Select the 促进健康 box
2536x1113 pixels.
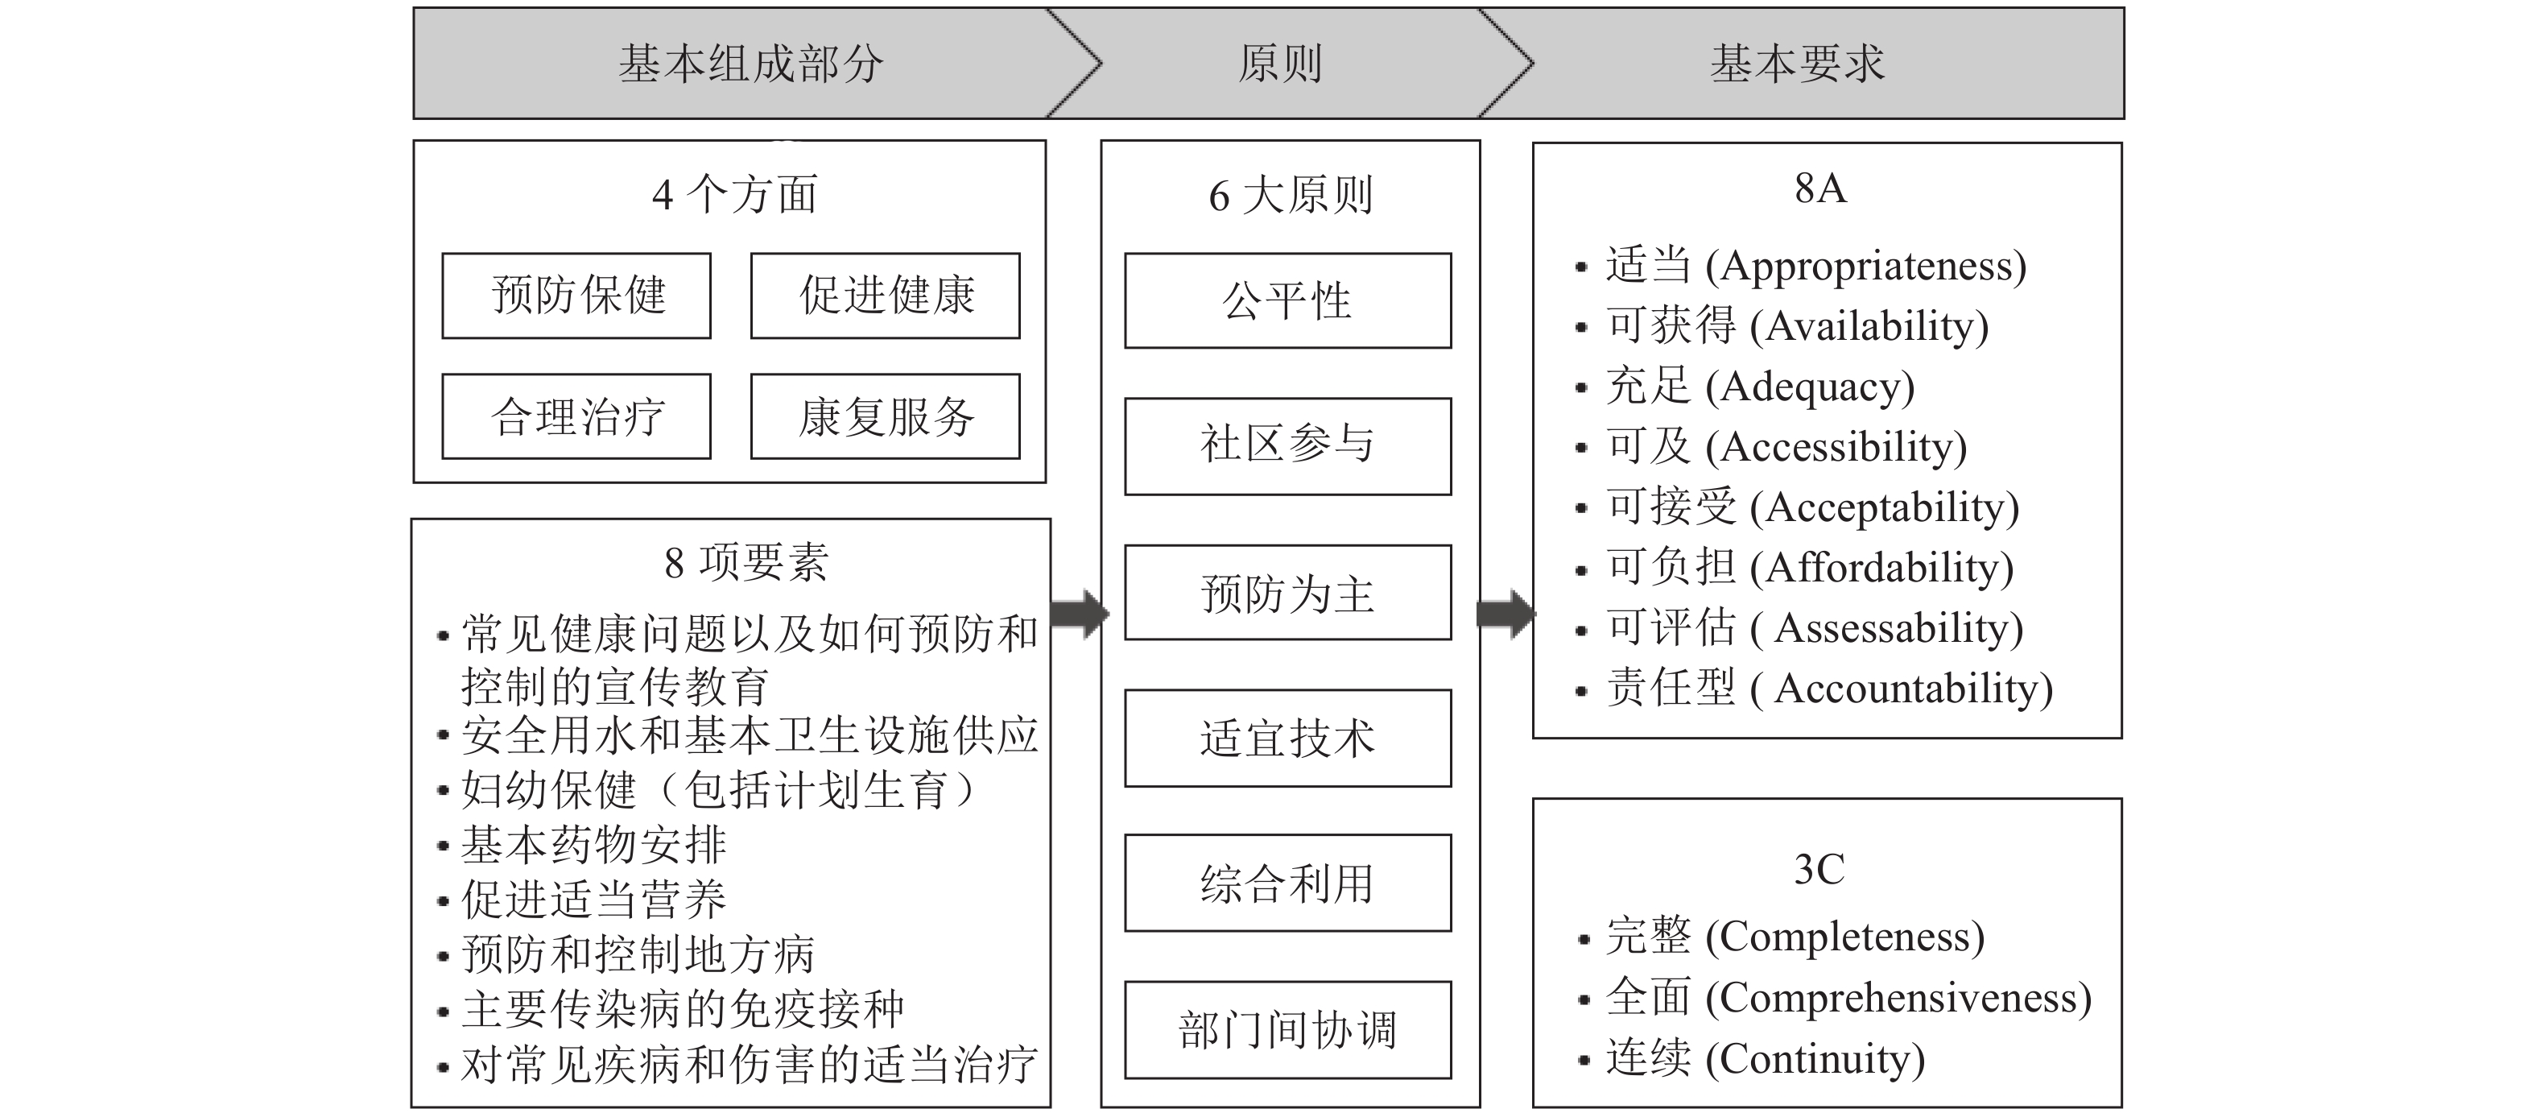885,296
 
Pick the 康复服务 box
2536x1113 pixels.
885,416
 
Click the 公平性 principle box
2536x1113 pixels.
1287,300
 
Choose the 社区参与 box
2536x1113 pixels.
1287,445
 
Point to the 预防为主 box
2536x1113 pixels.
1287,592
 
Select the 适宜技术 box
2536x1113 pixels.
1287,738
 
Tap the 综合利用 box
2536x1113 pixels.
1287,883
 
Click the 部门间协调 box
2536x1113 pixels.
1287,1029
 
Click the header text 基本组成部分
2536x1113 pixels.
751,64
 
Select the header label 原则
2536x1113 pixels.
1280,64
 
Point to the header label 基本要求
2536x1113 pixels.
1798,64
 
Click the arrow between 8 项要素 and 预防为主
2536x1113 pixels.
1080,614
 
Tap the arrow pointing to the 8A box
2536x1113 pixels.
1506,614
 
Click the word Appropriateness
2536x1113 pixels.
1865,266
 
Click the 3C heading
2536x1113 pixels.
1819,870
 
